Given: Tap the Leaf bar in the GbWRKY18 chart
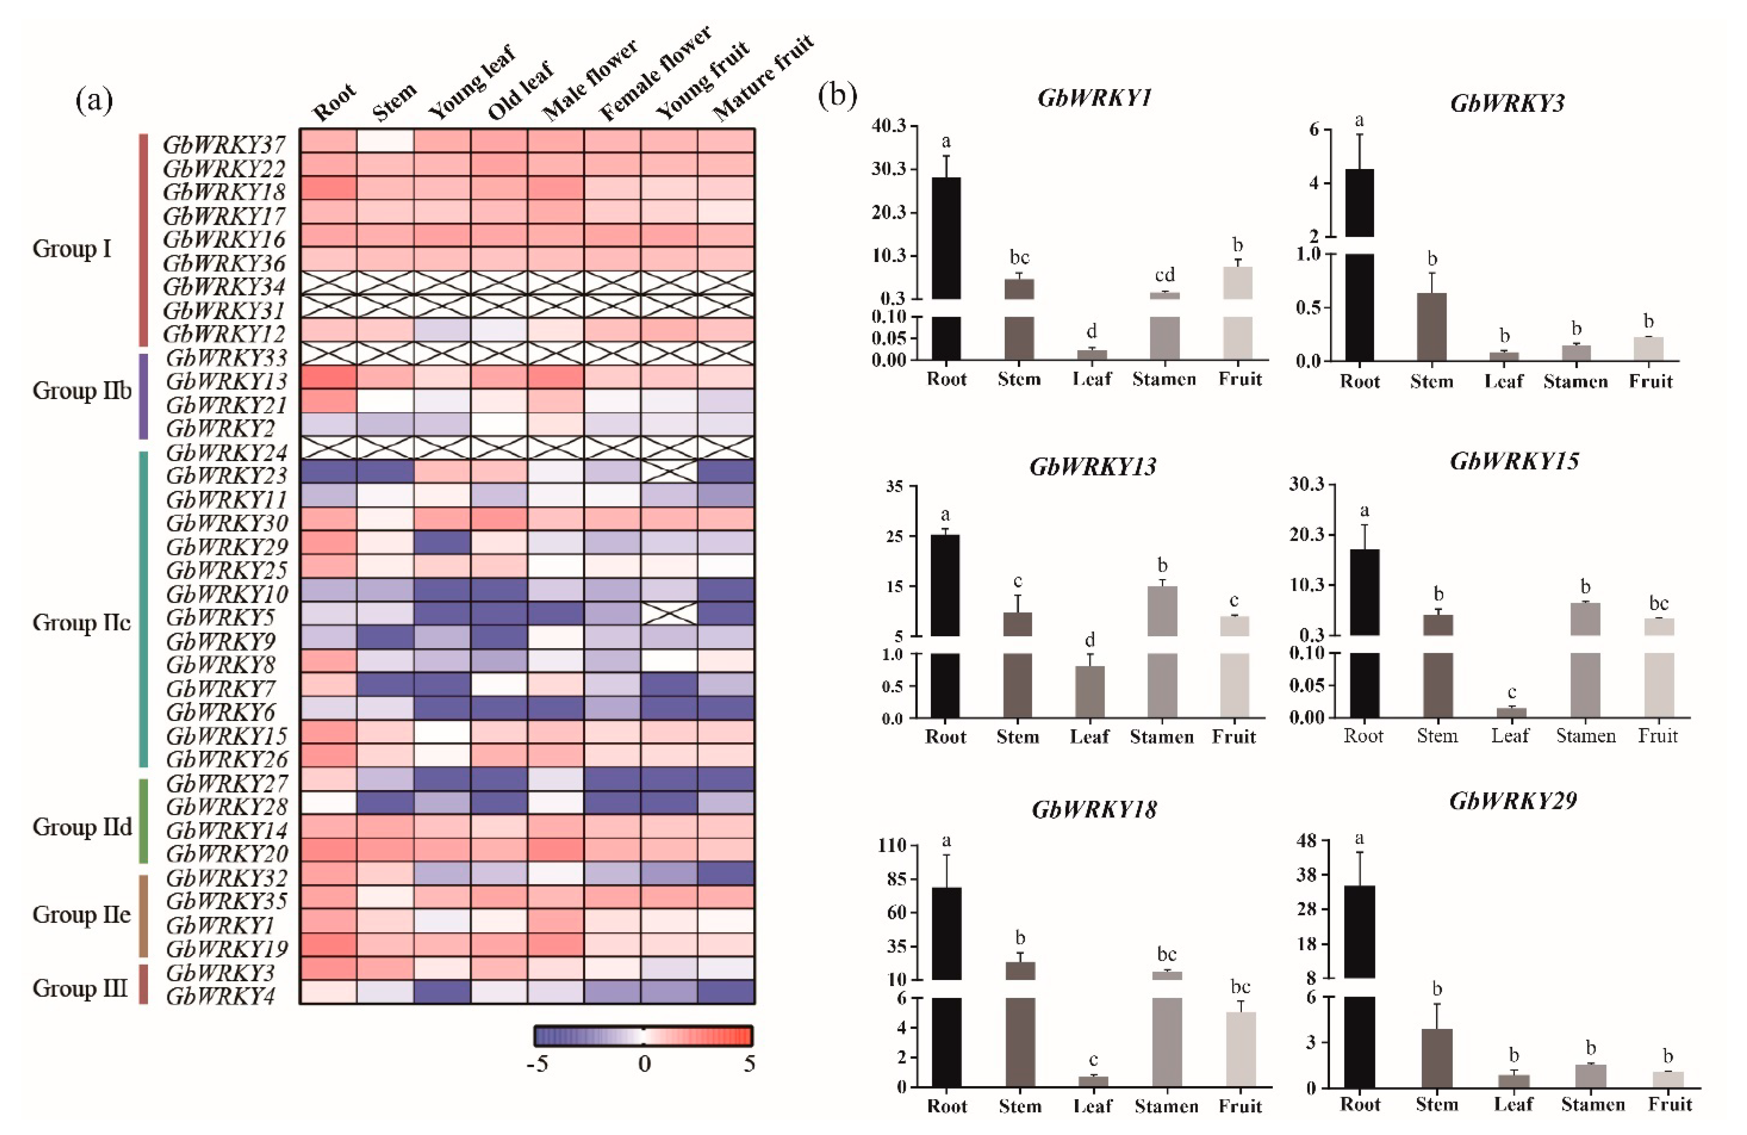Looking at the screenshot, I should pyautogui.click(x=1093, y=1081).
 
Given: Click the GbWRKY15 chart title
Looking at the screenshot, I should pyautogui.click(x=1513, y=461).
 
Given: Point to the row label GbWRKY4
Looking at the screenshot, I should pyautogui.click(x=220, y=996).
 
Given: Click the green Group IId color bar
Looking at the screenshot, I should pyautogui.click(x=144, y=821).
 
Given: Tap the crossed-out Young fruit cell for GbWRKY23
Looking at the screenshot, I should pyautogui.click(x=668, y=471).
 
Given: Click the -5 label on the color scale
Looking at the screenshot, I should pyautogui.click(x=538, y=1064).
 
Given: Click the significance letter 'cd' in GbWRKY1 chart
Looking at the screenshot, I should pyautogui.click(x=1164, y=275).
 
